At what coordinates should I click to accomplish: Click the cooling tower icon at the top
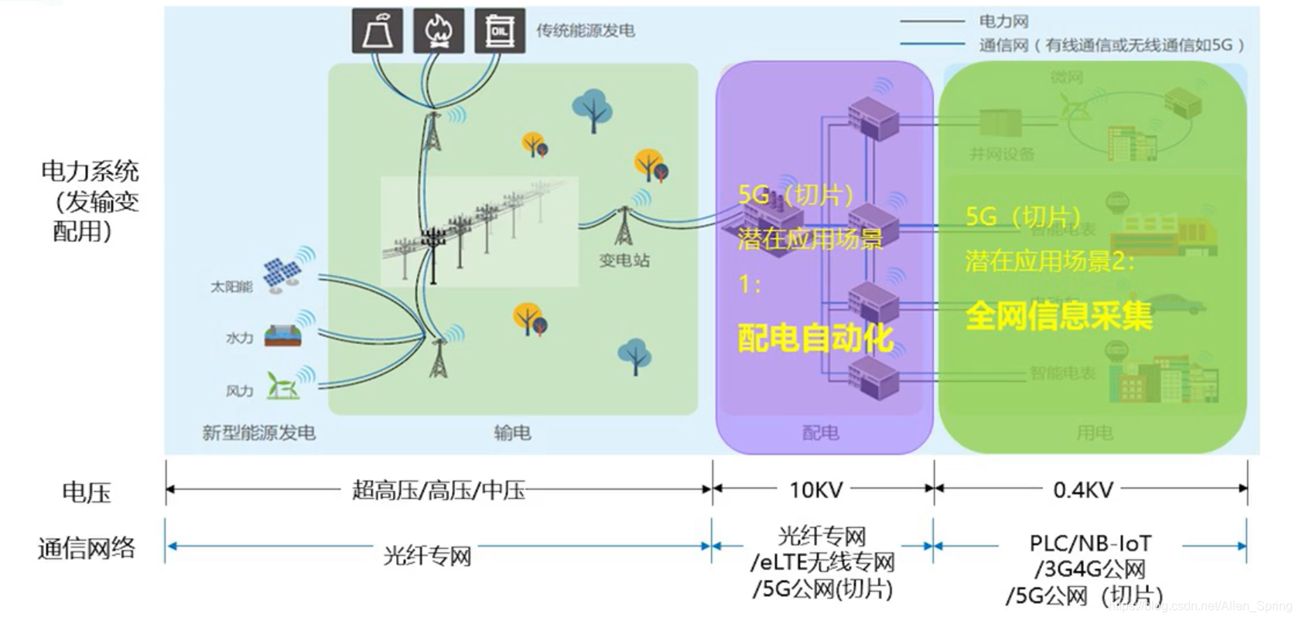tap(377, 31)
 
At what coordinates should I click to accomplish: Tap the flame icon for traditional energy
tap(438, 31)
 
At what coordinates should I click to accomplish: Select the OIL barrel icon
tap(499, 31)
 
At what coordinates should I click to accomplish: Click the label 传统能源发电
tap(586, 31)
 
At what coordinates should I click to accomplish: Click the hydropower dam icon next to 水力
tap(282, 335)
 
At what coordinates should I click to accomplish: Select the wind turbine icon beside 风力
tap(282, 386)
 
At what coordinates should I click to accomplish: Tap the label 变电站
tap(624, 261)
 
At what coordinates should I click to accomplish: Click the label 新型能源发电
tap(258, 433)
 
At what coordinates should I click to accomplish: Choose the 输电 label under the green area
tap(512, 433)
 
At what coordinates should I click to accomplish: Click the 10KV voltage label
tap(815, 490)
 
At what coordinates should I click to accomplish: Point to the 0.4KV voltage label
tap(1082, 490)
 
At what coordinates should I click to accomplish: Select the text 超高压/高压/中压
tap(438, 490)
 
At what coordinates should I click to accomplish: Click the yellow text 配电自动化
tap(815, 338)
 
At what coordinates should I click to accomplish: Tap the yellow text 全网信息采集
tap(1058, 316)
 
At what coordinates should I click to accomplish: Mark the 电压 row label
tap(86, 492)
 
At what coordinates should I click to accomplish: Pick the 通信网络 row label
tap(86, 548)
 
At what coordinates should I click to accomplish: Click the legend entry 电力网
tap(1003, 22)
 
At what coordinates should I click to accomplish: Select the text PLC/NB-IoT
tap(1090, 543)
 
